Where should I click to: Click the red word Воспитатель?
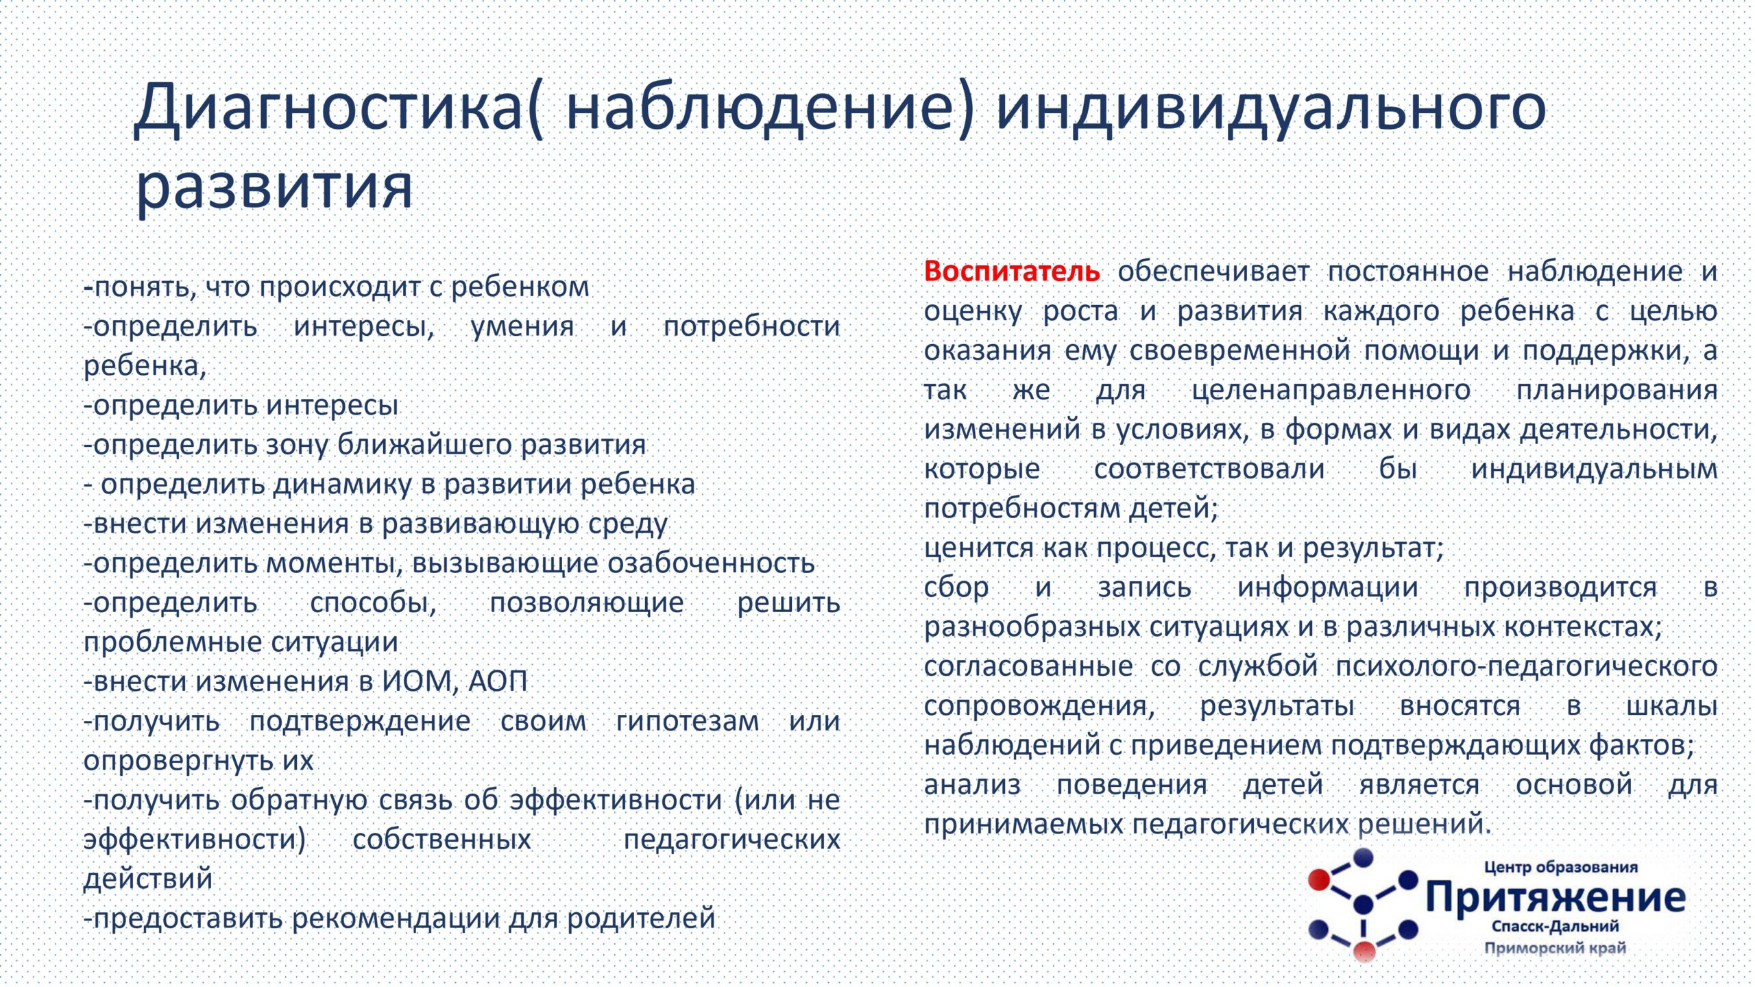1011,272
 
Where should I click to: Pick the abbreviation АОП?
498,682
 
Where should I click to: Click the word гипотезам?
688,721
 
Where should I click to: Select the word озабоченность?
711,563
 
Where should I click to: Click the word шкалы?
1672,706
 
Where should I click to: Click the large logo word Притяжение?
1556,898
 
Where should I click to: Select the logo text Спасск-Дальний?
1556,927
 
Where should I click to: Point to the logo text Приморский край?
1556,949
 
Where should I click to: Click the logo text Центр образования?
1560,868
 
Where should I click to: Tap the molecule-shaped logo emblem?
1364,905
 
